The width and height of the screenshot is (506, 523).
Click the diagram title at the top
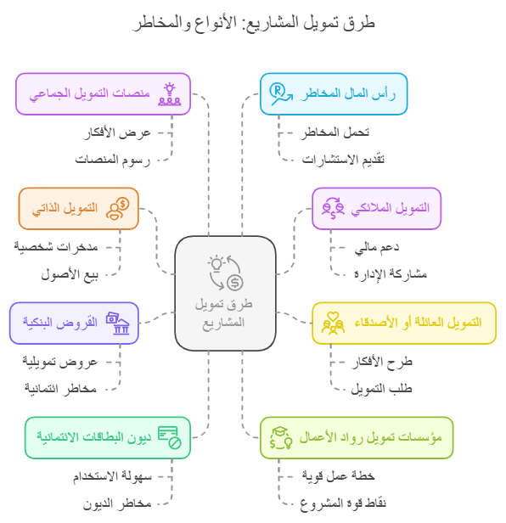tap(254, 23)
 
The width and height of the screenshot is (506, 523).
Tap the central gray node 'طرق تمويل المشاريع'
tap(226, 294)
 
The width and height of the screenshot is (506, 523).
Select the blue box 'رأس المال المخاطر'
tap(334, 94)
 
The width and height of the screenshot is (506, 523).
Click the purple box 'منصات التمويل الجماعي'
tap(103, 94)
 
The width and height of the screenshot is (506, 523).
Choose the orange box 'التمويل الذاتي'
tap(78, 209)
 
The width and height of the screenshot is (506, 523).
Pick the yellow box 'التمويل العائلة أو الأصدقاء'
tap(404, 323)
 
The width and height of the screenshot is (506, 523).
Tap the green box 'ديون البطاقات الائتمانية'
tap(108, 437)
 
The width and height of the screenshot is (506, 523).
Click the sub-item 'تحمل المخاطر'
tap(335, 132)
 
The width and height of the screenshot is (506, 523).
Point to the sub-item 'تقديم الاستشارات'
tap(343, 160)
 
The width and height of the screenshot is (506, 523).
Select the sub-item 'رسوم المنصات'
tap(113, 160)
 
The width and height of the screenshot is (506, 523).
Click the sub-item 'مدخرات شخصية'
tap(56, 247)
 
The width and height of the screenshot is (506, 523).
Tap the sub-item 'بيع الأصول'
tap(70, 274)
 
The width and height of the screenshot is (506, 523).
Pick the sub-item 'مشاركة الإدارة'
tap(391, 274)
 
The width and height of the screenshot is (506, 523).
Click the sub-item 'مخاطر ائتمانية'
tap(60, 389)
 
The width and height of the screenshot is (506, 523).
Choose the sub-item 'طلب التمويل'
tap(381, 389)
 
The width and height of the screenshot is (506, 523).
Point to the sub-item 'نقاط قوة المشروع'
tap(343, 503)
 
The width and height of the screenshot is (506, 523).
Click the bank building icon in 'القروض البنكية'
tap(121, 327)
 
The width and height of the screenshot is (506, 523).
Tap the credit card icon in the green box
tap(170, 437)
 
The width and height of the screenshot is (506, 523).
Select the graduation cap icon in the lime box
tap(279, 432)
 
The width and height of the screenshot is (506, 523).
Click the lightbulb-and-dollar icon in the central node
tap(225, 273)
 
